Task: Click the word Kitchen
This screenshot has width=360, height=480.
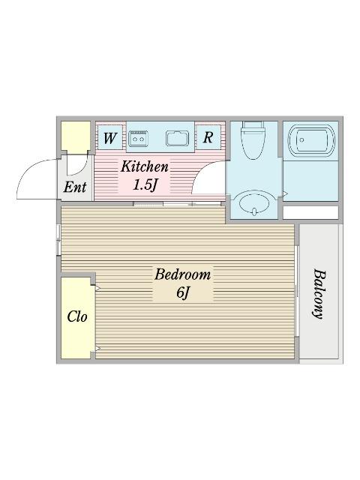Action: (x=144, y=166)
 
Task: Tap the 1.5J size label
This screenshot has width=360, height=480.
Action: (x=145, y=184)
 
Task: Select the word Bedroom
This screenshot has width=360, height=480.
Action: (x=182, y=274)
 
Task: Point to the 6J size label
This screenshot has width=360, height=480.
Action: (x=182, y=292)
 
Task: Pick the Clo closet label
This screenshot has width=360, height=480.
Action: (x=76, y=316)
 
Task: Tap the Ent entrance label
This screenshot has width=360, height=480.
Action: (x=74, y=187)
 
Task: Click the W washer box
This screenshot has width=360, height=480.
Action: (x=109, y=138)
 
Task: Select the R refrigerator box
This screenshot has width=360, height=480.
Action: (x=208, y=138)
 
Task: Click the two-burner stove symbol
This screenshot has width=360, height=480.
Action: (x=139, y=138)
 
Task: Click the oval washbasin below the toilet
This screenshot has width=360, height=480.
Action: (x=253, y=203)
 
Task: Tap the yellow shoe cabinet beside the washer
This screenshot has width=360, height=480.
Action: (x=75, y=136)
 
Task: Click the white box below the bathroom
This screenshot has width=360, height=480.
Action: (x=310, y=212)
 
